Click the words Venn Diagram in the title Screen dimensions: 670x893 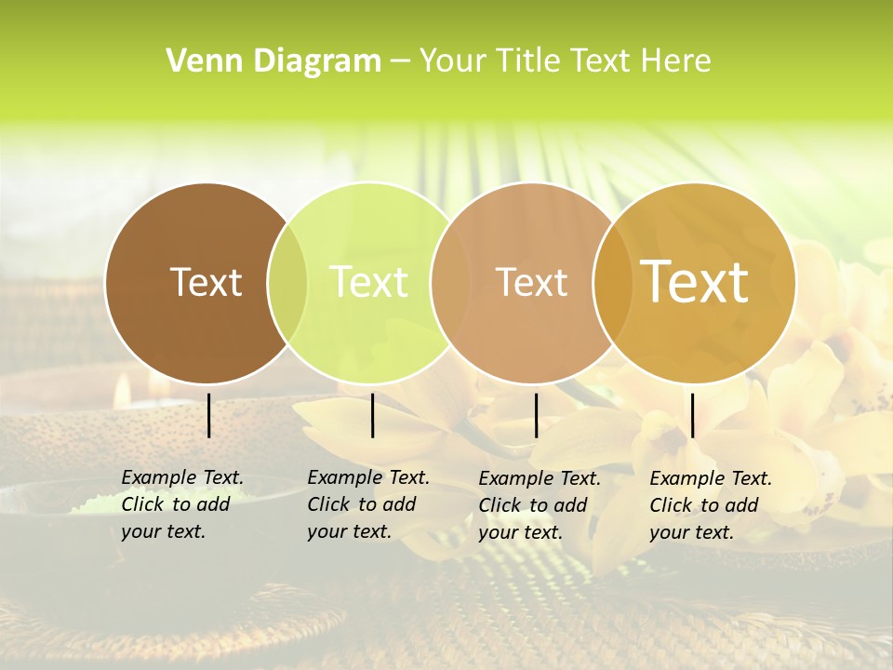click(273, 61)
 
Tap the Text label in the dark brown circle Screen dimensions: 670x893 click(206, 282)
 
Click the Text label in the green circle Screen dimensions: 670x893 click(369, 282)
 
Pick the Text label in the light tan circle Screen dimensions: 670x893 click(531, 282)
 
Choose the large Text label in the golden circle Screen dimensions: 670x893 click(695, 281)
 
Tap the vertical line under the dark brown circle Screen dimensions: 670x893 click(208, 415)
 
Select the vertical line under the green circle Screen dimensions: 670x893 click(372, 415)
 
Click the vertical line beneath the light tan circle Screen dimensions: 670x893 click(536, 415)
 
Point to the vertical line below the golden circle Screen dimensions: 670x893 click(692, 415)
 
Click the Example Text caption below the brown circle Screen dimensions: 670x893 click(181, 504)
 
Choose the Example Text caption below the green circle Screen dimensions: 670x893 click(367, 504)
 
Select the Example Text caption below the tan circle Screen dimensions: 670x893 click(539, 505)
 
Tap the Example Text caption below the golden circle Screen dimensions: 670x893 click(710, 505)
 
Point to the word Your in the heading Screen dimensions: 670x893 click(452, 61)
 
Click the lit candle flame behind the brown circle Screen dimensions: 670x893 click(121, 391)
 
